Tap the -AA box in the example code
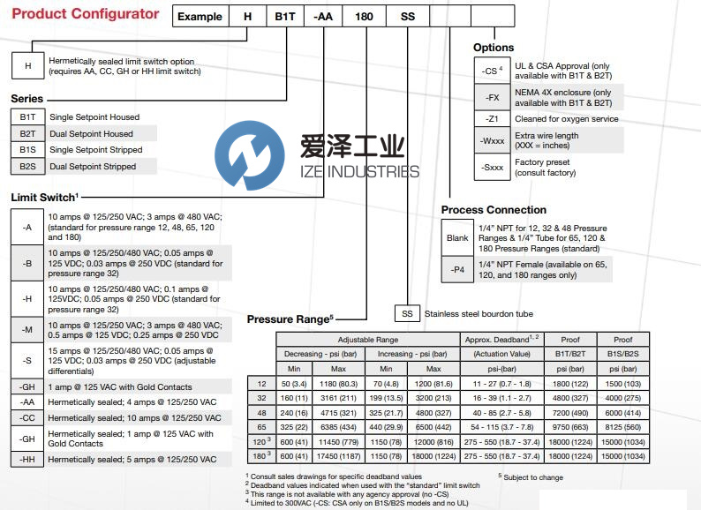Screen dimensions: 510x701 coord(322,16)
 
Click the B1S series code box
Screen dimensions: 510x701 coord(27,149)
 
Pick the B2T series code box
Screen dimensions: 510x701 coord(27,133)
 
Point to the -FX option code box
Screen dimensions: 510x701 coord(492,97)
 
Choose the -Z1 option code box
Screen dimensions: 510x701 coord(492,118)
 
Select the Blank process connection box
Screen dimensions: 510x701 coord(457,238)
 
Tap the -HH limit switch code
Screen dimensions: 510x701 coord(27,460)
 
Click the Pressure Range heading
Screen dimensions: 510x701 coord(290,319)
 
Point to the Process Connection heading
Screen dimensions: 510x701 coord(494,209)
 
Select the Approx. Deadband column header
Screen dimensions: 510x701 coord(496,339)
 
